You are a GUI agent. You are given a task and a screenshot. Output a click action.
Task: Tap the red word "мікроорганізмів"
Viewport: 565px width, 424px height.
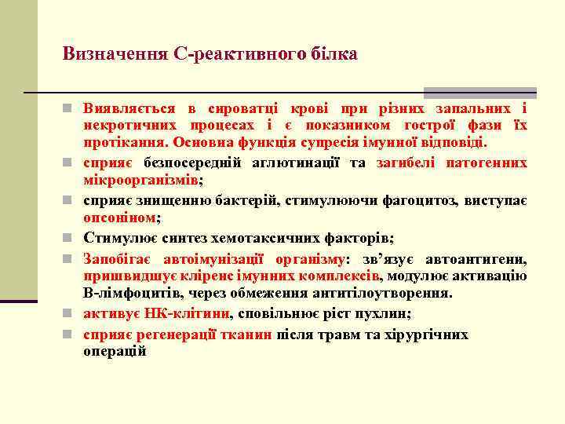pos(140,180)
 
